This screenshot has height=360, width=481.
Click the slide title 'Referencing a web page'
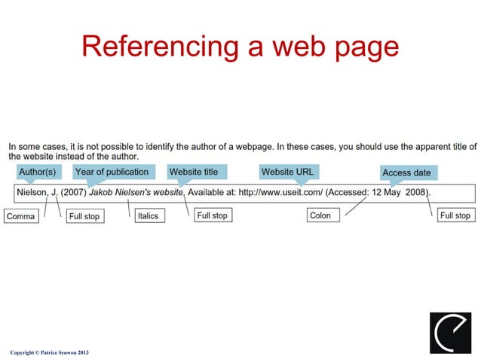point(240,46)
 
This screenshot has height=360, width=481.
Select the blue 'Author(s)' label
point(37,172)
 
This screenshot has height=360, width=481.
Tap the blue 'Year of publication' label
point(112,172)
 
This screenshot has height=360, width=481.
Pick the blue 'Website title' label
point(194,172)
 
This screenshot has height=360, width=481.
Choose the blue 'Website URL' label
point(287,172)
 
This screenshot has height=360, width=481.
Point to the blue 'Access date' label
point(406,173)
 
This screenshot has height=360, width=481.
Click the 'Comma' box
point(21,216)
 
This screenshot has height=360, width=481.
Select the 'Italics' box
point(148,216)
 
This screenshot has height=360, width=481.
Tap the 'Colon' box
point(320,215)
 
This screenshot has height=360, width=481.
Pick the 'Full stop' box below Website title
point(212,215)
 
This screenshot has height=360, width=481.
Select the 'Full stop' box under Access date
point(455,215)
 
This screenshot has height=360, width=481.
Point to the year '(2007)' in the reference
point(73,193)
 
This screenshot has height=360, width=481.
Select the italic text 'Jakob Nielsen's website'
point(136,193)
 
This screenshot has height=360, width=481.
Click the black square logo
point(450,332)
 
